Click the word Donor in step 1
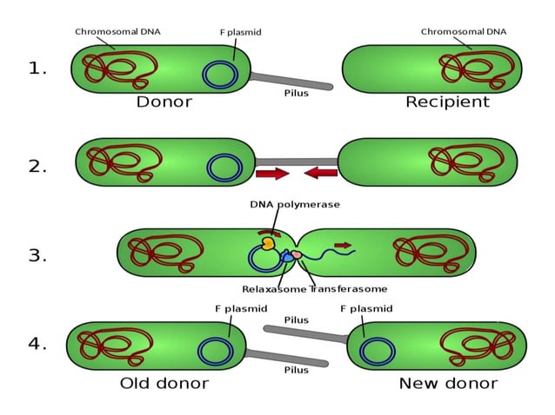coord(164,102)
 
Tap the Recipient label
coord(447,102)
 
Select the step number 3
coord(37,255)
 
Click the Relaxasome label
coord(274,289)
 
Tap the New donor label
coord(448,383)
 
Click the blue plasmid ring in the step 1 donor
coord(220,75)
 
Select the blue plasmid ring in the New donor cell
coord(378,351)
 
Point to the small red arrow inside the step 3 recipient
coord(344,246)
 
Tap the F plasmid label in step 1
coord(240,32)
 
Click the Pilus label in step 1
coord(296,94)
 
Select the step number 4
coord(37,343)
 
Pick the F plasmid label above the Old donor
coord(241,308)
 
